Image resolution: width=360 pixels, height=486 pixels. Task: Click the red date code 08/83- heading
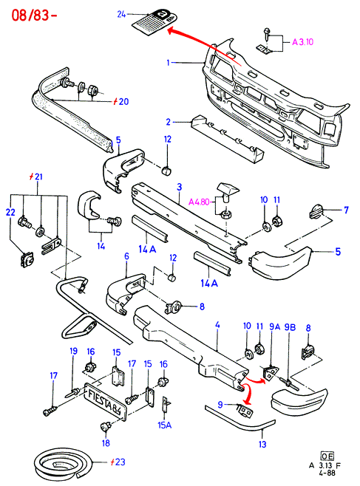tap(34, 15)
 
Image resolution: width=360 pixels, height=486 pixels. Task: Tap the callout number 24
tap(121, 14)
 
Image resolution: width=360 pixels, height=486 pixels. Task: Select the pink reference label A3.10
tap(302, 41)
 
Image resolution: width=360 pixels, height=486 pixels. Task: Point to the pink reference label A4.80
tap(199, 202)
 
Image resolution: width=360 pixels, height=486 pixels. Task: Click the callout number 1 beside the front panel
tap(169, 63)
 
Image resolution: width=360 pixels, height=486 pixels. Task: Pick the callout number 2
tap(169, 122)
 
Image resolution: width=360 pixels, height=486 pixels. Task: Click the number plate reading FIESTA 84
tap(106, 402)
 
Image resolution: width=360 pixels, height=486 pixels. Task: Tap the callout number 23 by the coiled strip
tap(120, 462)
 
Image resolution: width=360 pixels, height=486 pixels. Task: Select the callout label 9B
tap(291, 327)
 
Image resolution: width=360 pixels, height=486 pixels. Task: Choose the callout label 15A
tap(165, 425)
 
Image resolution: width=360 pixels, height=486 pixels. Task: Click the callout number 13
tap(262, 444)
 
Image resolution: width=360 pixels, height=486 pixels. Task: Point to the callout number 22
tap(10, 212)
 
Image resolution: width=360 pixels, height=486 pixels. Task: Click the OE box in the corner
tap(327, 456)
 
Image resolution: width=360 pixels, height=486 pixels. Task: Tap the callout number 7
tap(347, 211)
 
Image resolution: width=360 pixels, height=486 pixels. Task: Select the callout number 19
tap(73, 351)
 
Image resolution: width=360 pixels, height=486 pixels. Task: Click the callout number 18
tap(106, 443)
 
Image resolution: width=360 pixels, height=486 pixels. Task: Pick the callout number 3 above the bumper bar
tap(179, 187)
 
